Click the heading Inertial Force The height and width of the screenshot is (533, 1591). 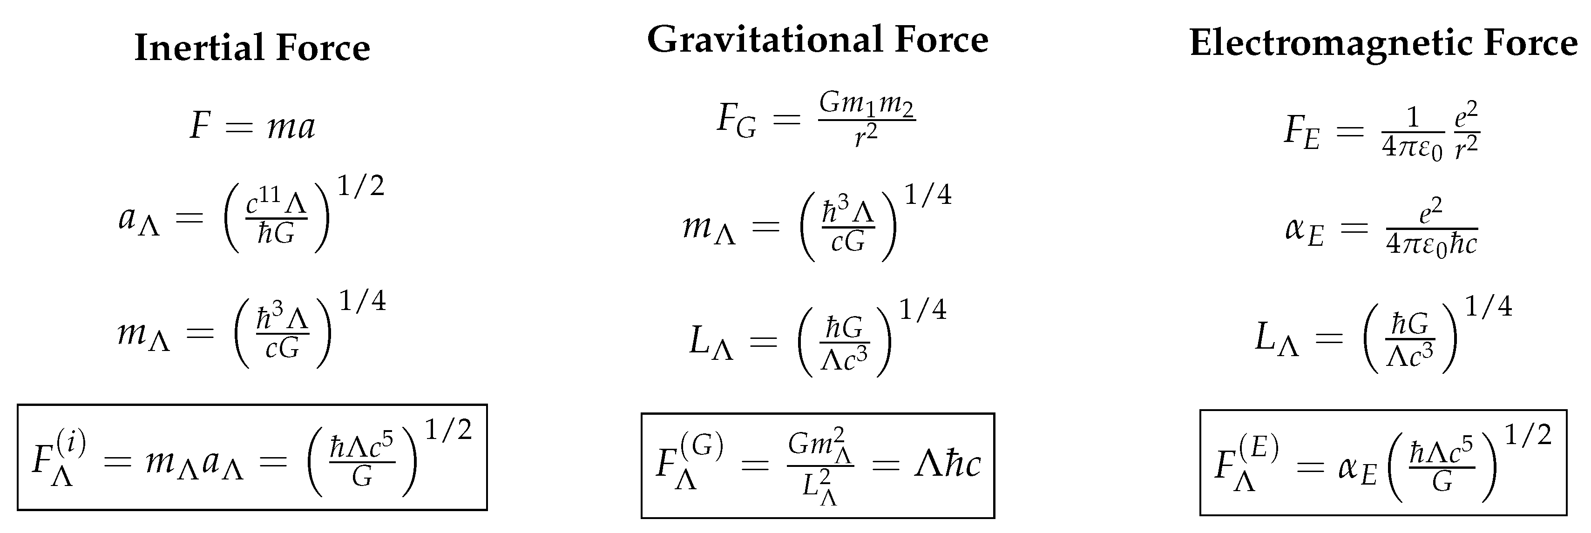pos(252,47)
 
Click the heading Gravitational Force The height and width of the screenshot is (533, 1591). pos(817,40)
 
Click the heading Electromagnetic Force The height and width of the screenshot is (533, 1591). pos(1383,43)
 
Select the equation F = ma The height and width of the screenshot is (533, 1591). pos(252,127)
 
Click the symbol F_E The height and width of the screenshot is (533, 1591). pos(1301,132)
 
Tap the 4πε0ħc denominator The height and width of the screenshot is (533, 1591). pos(1431,244)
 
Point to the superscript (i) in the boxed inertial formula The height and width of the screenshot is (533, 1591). pos(70,442)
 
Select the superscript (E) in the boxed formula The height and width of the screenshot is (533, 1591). pos(1258,448)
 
